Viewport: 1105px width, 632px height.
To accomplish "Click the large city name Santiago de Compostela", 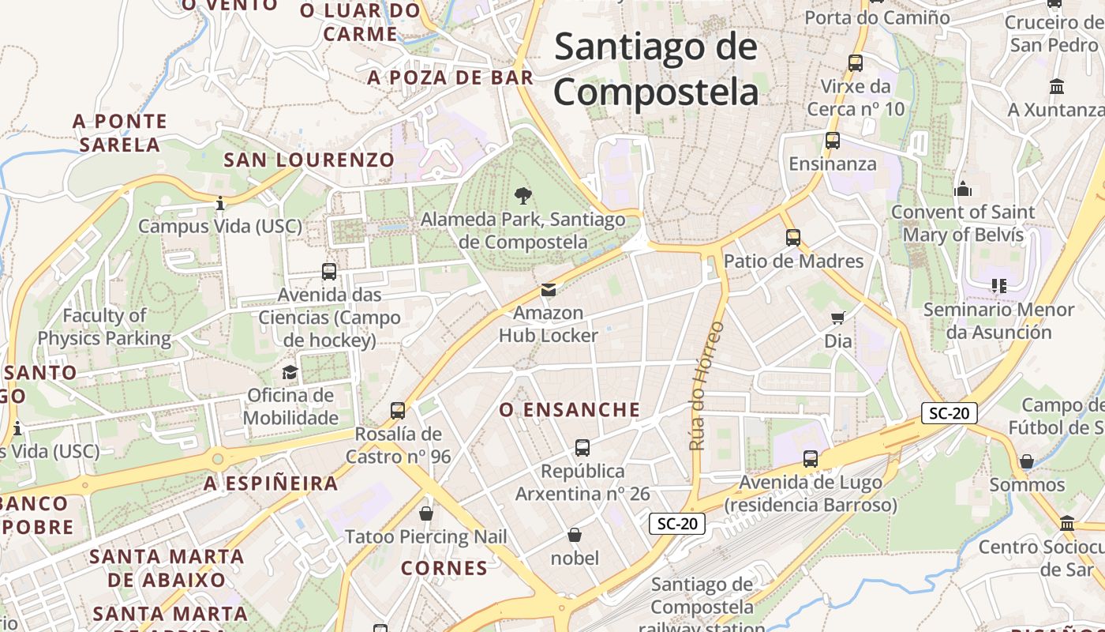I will [656, 70].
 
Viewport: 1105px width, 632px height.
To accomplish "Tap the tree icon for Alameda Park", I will [523, 196].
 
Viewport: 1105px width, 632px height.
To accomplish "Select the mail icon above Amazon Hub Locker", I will [549, 290].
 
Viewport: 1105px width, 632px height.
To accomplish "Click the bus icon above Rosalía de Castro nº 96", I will [398, 411].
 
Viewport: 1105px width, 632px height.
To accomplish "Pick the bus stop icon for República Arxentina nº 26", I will [582, 448].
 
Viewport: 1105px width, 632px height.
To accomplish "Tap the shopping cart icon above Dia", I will [837, 318].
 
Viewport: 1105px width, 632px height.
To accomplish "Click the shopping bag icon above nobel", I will [575, 535].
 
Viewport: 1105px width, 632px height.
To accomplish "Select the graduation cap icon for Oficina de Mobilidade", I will [290, 372].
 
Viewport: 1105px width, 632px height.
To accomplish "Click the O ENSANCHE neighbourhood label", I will [570, 410].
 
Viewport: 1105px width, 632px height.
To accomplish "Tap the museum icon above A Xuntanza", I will [1057, 86].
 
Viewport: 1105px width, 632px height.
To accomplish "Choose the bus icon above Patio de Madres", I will [793, 237].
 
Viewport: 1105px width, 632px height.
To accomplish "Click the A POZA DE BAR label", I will [451, 77].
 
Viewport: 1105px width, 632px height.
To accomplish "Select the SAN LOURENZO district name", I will [309, 160].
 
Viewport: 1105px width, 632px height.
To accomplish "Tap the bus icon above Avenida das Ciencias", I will [329, 272].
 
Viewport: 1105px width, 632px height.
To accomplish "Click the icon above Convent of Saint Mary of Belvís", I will [962, 189].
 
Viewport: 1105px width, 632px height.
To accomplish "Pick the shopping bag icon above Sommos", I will [1027, 461].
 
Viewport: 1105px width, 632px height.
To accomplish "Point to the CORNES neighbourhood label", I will [444, 568].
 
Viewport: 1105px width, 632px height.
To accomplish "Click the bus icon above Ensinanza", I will [833, 141].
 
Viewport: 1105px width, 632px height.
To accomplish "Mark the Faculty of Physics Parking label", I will [104, 327].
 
